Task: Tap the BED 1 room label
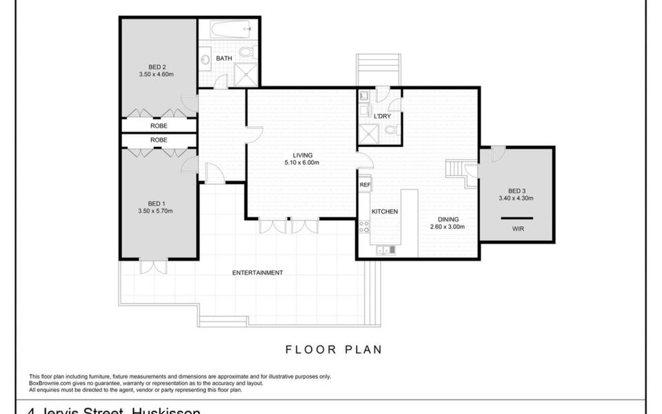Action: (x=156, y=204)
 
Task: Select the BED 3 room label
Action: (x=516, y=191)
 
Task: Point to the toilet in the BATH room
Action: (x=246, y=53)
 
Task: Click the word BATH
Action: (x=224, y=59)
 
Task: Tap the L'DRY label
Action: (x=382, y=117)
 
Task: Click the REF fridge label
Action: (x=365, y=185)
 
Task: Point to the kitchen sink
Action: (x=385, y=250)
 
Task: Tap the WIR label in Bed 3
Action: (x=517, y=228)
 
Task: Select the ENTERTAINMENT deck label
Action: (x=257, y=273)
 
